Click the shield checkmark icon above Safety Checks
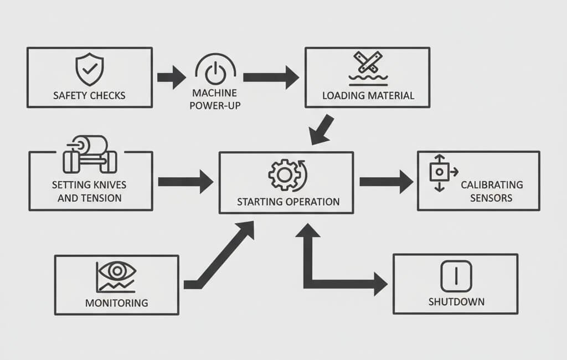[x=89, y=69]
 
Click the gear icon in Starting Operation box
[x=283, y=175]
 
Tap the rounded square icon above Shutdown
[x=456, y=276]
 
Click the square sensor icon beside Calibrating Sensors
[x=439, y=172]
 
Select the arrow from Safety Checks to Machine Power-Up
[x=171, y=77]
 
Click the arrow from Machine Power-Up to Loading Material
[x=271, y=77]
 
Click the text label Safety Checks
[x=89, y=95]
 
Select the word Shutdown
[x=456, y=302]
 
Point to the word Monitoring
[x=116, y=303]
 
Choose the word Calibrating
[x=492, y=185]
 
